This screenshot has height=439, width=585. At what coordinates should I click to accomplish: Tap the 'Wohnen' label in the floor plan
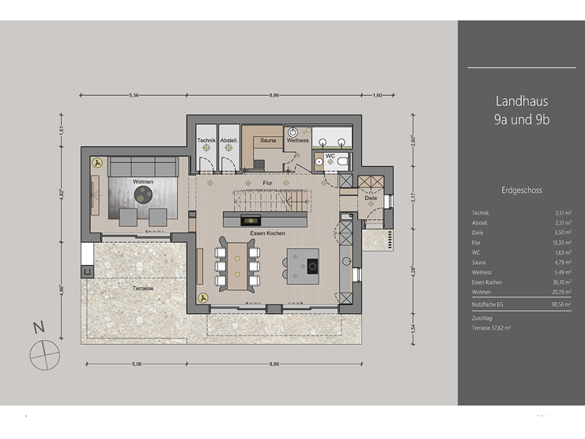143,182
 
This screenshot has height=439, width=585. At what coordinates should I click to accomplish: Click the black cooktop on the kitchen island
312,265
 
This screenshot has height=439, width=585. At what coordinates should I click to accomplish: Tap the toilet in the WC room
341,161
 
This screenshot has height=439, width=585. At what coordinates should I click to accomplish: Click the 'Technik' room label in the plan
207,140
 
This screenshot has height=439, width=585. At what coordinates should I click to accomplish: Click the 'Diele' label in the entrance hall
371,198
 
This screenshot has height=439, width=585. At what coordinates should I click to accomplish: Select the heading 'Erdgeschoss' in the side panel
522,191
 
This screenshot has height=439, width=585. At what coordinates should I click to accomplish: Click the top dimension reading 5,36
134,96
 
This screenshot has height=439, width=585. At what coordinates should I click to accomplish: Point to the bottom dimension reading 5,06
136,365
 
